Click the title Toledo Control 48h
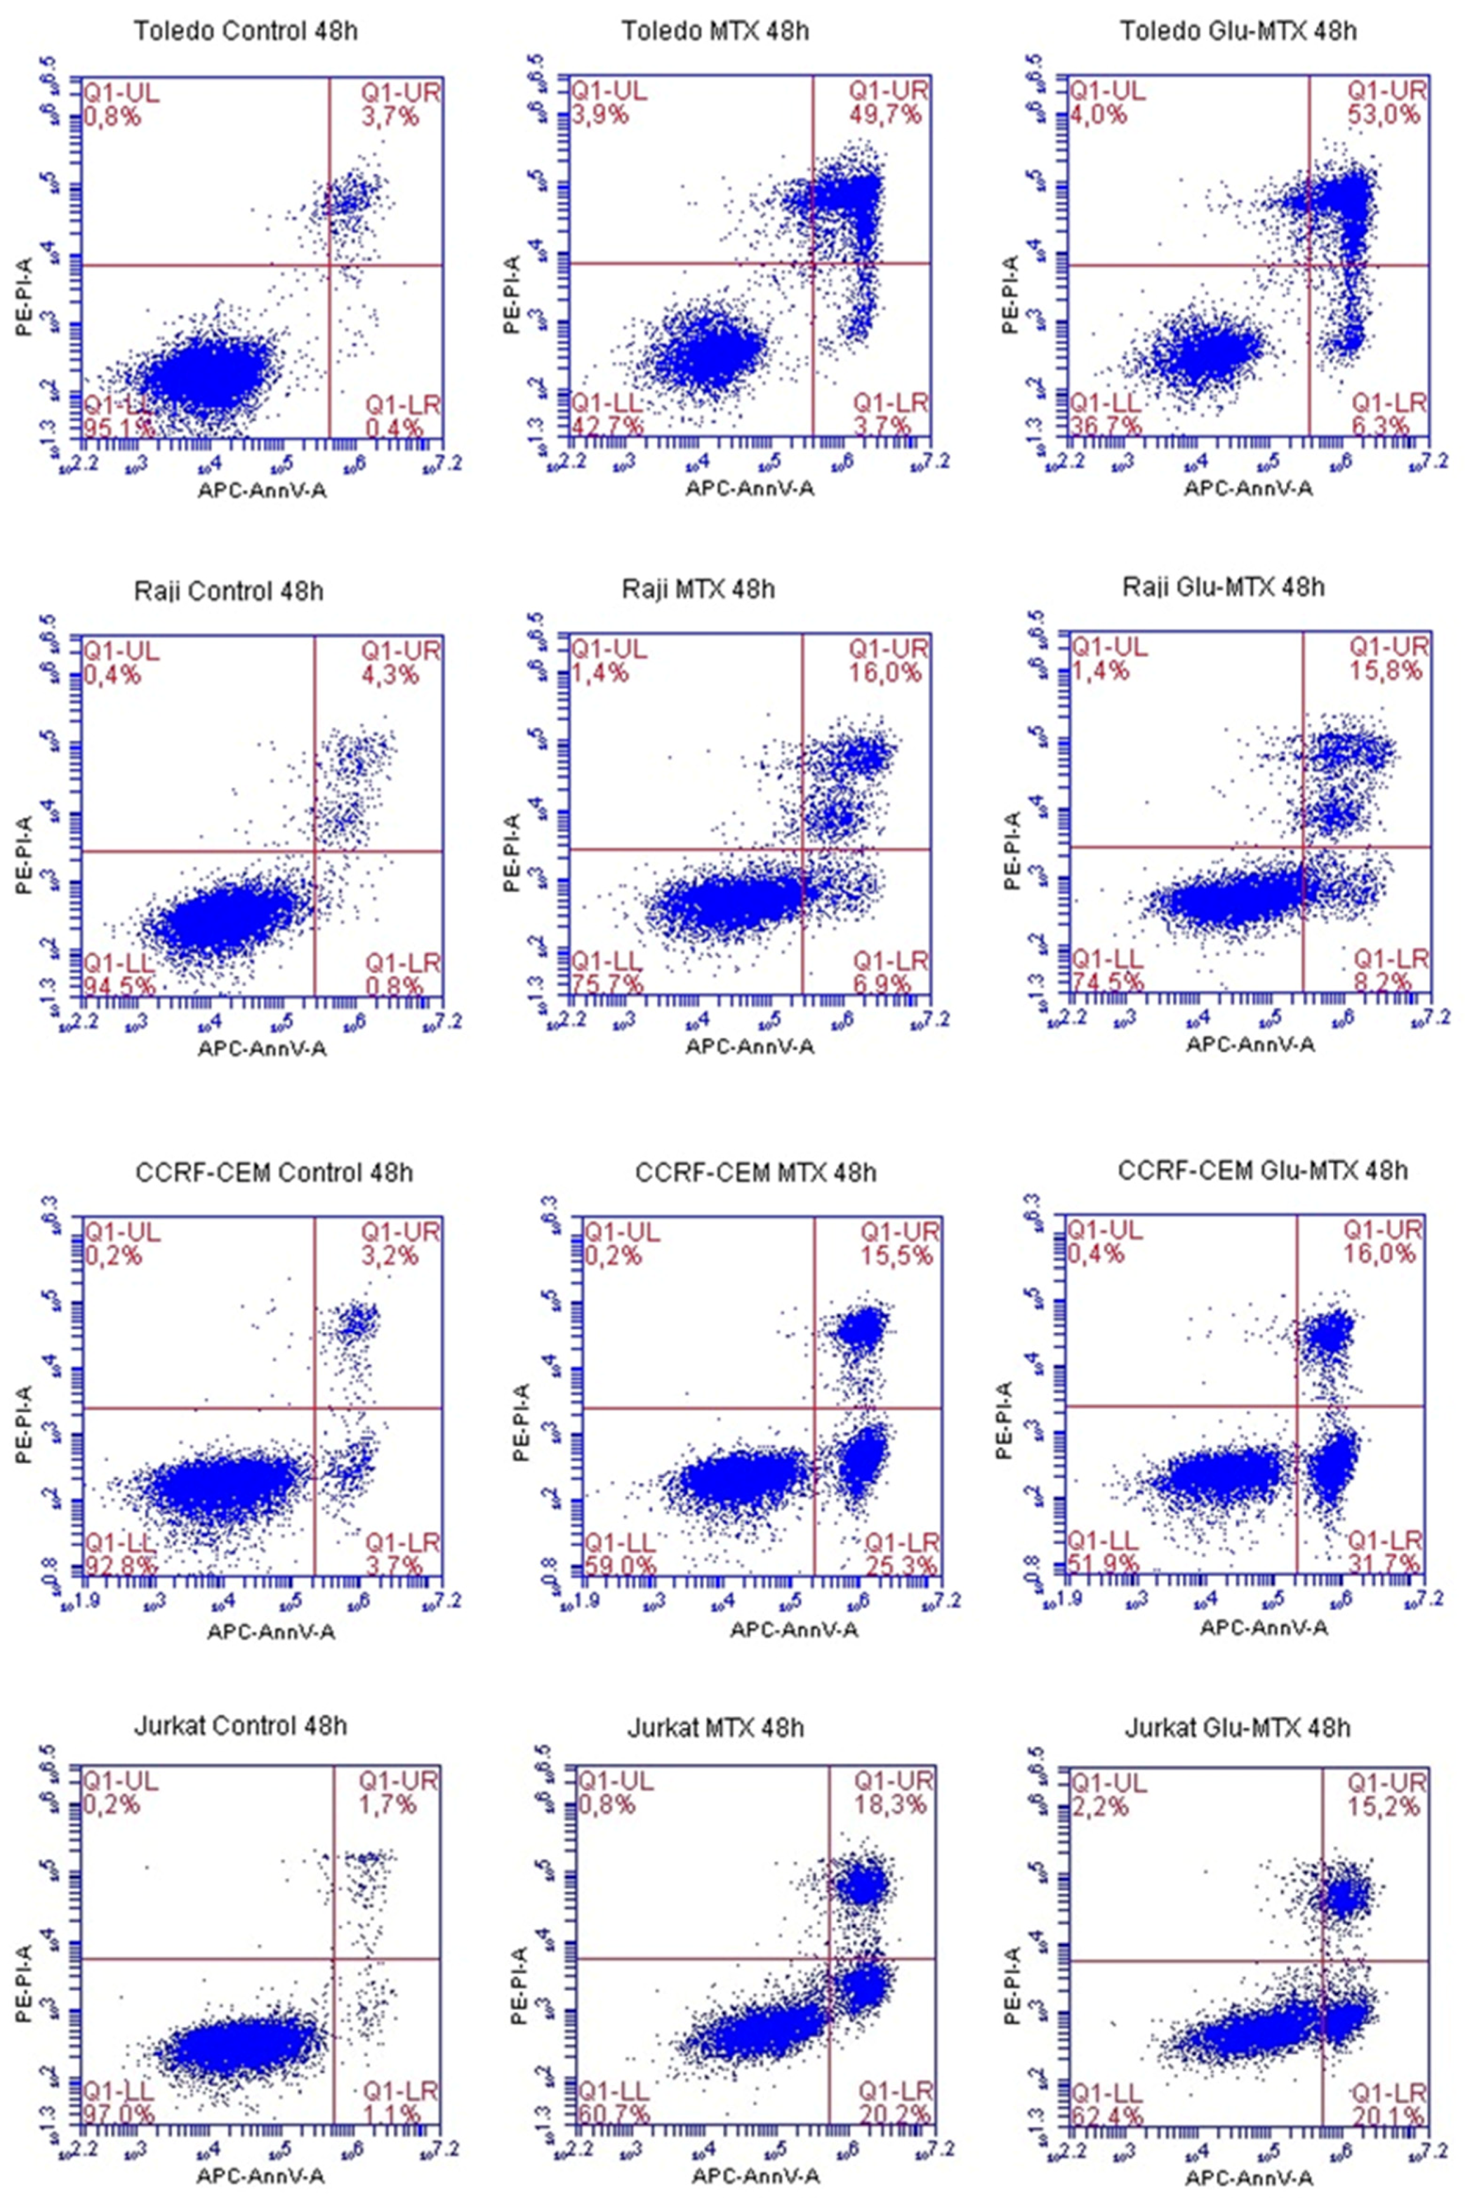(246, 31)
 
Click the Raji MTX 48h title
(698, 590)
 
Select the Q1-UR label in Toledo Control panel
(401, 92)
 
